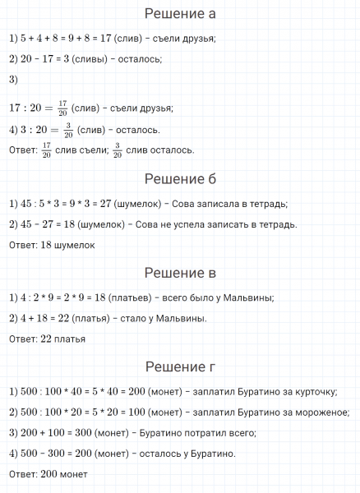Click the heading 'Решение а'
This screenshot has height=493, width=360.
[x=180, y=14]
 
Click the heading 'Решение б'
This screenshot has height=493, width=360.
[x=180, y=179]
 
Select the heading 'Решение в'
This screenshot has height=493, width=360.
[x=180, y=273]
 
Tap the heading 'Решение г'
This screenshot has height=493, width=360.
[x=180, y=366]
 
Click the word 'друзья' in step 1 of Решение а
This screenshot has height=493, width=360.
[x=197, y=39]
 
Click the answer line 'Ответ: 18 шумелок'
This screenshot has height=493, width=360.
[x=53, y=245]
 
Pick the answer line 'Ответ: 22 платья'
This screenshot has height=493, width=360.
[x=50, y=339]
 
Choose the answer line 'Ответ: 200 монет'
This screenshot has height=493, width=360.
[x=48, y=474]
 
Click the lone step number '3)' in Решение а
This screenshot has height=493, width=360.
[x=12, y=80]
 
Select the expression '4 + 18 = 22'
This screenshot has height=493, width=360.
[x=41, y=318]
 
